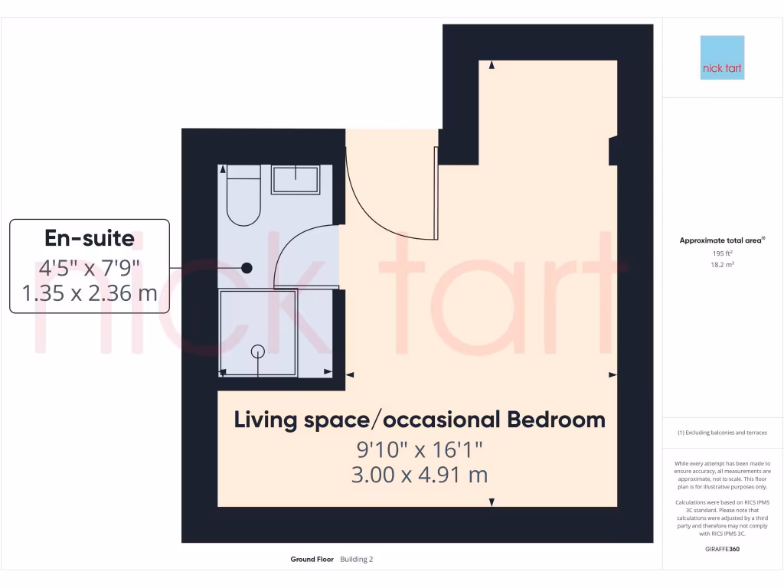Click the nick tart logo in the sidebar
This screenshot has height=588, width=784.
[x=722, y=57]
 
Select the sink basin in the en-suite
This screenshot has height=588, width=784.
[x=296, y=180]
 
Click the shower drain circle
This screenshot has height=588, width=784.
[x=258, y=351]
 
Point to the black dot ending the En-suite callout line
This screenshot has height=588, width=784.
[x=247, y=268]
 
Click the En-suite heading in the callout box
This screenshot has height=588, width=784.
[x=90, y=238]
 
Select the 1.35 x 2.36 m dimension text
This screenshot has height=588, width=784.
[x=90, y=292]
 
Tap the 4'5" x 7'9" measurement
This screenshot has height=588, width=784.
[x=90, y=267]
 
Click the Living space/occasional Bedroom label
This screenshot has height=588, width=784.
[x=420, y=420]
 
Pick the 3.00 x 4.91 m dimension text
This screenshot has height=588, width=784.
[x=420, y=475]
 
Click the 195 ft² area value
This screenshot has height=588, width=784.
[x=722, y=253]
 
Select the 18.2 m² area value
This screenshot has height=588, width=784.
[x=722, y=264]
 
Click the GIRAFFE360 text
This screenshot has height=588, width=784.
[x=722, y=549]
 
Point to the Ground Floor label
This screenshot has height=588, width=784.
[x=312, y=560]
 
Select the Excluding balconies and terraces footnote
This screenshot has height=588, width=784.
[x=722, y=433]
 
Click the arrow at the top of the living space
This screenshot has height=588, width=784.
[x=492, y=65]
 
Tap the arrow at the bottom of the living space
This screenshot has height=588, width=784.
[x=492, y=502]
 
